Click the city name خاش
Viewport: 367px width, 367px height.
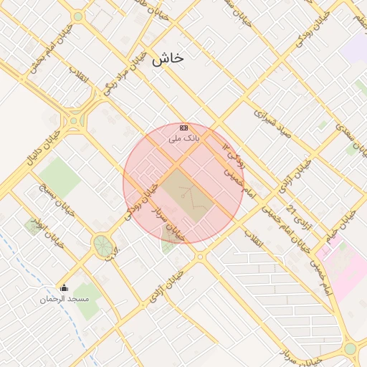pyautogui.click(x=168, y=59)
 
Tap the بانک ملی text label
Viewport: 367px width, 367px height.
pyautogui.click(x=183, y=137)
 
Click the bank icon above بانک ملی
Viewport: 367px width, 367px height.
pyautogui.click(x=183, y=126)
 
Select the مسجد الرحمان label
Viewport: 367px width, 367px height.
pyautogui.click(x=65, y=297)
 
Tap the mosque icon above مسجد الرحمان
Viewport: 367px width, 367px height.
pyautogui.click(x=65, y=288)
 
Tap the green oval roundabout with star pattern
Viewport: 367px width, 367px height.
pyautogui.click(x=103, y=246)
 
